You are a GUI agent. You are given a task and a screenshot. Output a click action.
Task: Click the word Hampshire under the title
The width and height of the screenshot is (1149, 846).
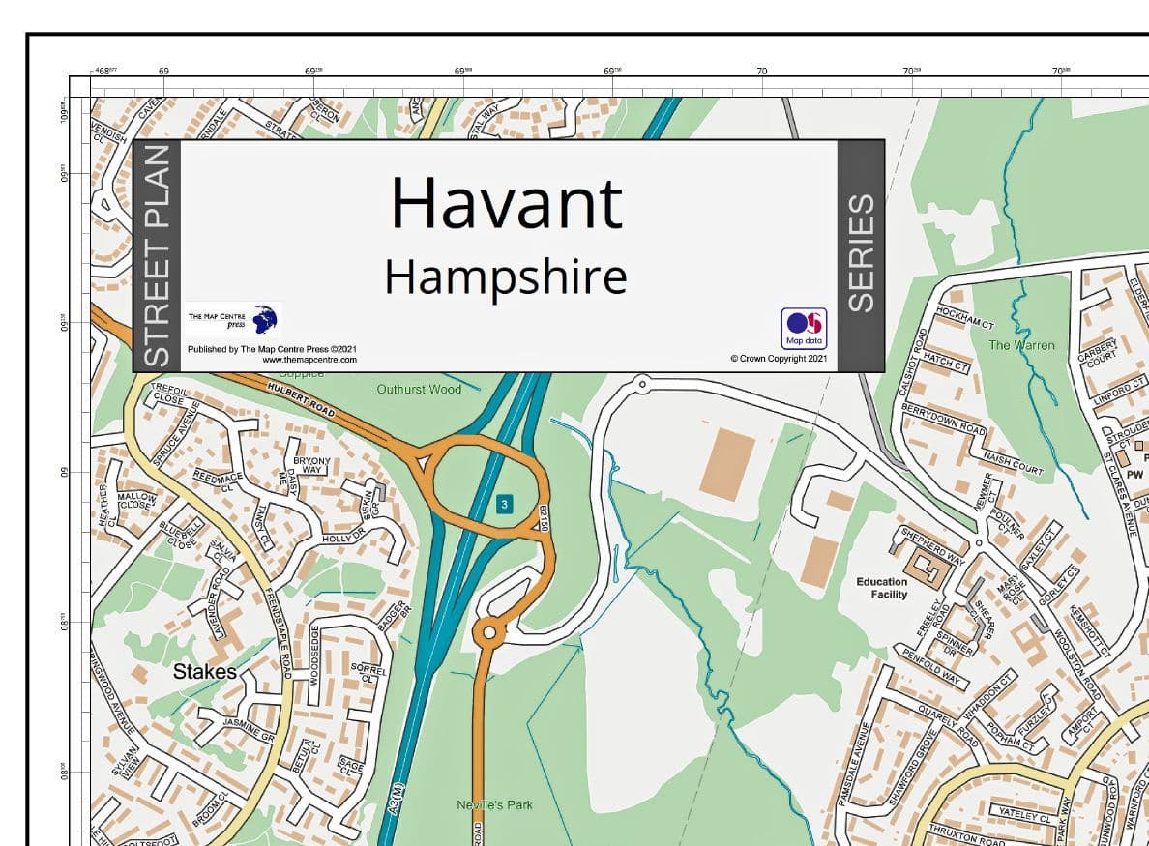click(x=506, y=277)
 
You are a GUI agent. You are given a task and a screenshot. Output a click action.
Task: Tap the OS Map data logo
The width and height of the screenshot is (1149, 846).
click(x=804, y=328)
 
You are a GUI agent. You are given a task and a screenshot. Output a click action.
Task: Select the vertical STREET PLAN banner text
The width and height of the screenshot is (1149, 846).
click(x=157, y=256)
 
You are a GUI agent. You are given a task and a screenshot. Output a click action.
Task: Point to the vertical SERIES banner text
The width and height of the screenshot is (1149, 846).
click(x=860, y=254)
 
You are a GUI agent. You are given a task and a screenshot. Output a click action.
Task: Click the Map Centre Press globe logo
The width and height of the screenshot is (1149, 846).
click(x=264, y=318)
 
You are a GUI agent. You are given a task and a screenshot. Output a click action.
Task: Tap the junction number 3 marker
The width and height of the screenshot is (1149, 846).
click(x=505, y=504)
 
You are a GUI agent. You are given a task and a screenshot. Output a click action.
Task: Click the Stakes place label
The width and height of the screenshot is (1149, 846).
click(x=204, y=671)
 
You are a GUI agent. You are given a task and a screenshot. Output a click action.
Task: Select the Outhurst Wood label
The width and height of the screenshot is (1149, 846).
click(x=419, y=389)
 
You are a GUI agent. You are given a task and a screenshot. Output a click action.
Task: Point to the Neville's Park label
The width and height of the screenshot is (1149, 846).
click(x=494, y=804)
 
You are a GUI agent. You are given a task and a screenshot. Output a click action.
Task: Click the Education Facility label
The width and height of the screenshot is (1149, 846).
click(x=882, y=588)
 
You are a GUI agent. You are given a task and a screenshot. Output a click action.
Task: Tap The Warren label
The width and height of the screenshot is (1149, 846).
click(x=1021, y=345)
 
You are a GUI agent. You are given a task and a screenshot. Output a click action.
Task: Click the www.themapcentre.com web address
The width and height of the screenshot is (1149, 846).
click(x=309, y=360)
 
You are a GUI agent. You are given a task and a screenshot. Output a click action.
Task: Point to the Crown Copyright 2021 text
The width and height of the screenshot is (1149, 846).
click(x=780, y=359)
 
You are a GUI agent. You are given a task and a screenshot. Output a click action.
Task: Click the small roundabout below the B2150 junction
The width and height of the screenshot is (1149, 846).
click(x=488, y=633)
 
